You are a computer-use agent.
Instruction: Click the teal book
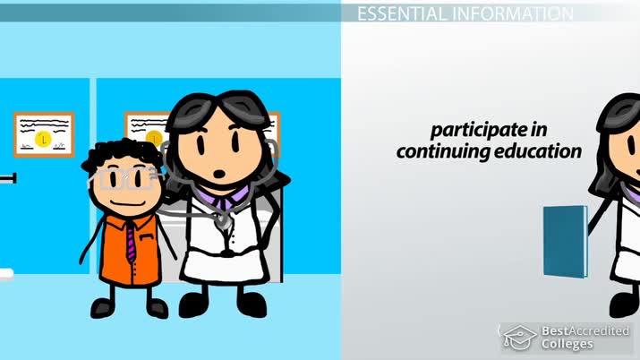pyautogui.click(x=565, y=240)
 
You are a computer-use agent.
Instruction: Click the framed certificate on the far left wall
pyautogui.click(x=42, y=133)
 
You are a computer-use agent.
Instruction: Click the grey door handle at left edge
pyautogui.click(x=8, y=179)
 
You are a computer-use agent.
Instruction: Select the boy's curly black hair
pyautogui.click(x=112, y=154)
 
